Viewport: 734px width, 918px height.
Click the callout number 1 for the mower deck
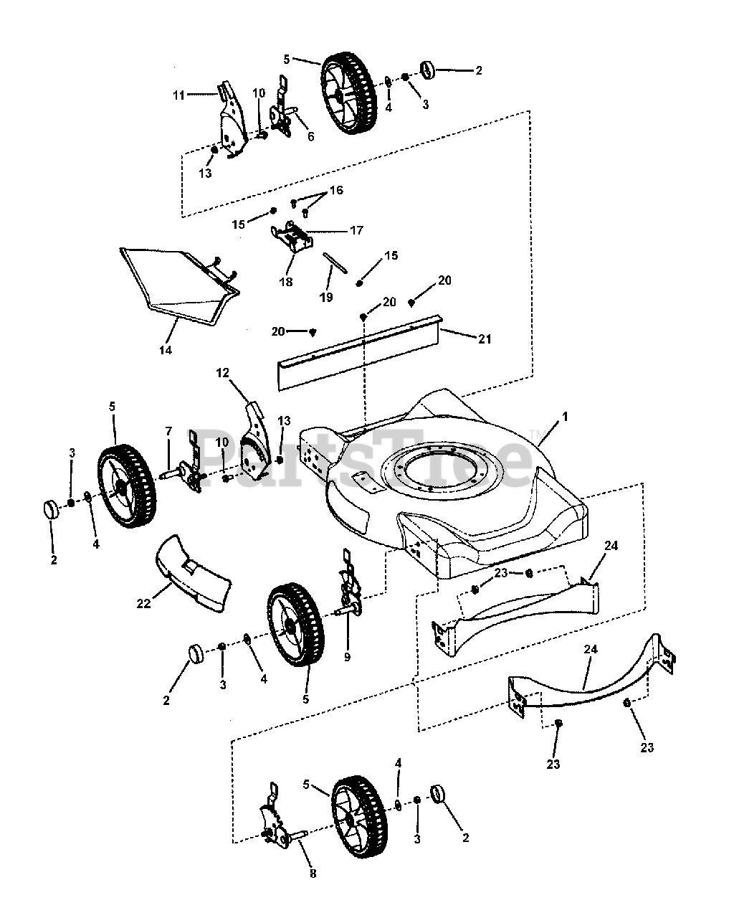565,417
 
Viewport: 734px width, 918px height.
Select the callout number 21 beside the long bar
485,339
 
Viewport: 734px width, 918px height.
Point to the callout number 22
143,604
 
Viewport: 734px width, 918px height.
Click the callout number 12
223,373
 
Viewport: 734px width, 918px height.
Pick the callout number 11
178,94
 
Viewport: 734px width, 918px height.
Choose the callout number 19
326,297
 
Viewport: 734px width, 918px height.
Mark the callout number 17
356,230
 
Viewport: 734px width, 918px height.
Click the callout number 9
347,656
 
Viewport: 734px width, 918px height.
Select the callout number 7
168,431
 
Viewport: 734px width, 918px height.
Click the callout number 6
310,136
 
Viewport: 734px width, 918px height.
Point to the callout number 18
286,282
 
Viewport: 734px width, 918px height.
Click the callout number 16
336,190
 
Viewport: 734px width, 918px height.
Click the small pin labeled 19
334,262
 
